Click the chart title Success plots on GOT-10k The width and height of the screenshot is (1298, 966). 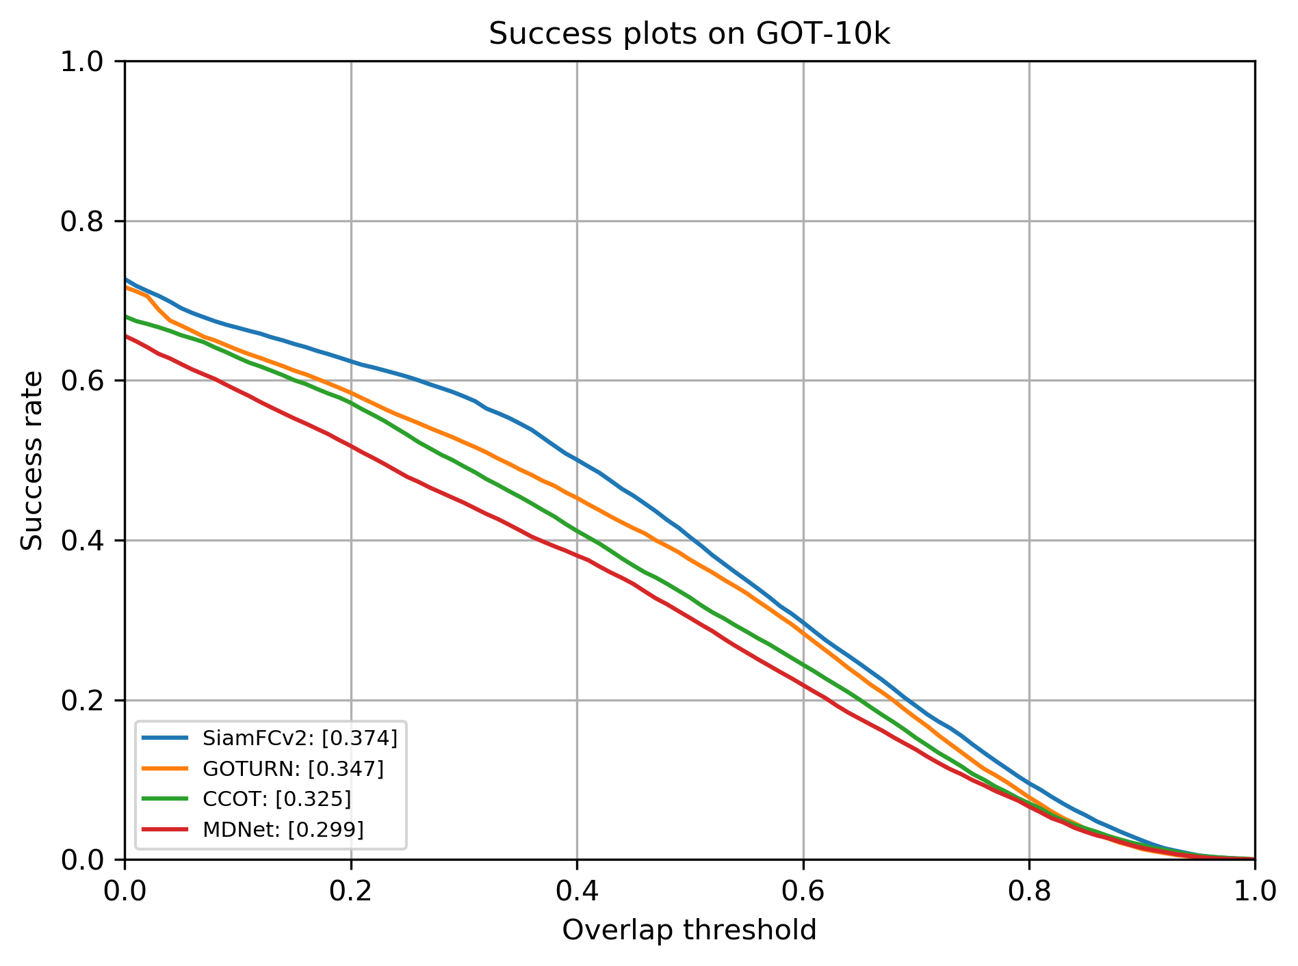tap(689, 34)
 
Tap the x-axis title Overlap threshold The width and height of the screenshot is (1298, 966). tap(689, 930)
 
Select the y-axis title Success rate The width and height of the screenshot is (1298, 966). tap(32, 460)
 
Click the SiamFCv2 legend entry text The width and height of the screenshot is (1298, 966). tap(300, 738)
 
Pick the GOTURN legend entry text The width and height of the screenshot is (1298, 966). tap(293, 769)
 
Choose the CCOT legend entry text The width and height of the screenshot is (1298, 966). tap(276, 799)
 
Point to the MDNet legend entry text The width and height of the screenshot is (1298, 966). tap(283, 829)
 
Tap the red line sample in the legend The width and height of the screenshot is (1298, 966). tap(164, 829)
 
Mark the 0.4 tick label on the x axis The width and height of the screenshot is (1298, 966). tap(577, 891)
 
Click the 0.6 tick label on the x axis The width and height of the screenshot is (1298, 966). tap(803, 891)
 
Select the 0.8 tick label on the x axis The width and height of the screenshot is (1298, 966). tap(1029, 891)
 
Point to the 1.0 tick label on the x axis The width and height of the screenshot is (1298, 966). tap(1254, 891)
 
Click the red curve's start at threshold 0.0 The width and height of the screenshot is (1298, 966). tap(125, 336)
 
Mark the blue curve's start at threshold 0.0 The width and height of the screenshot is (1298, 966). tap(125, 279)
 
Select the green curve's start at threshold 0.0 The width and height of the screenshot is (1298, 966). tap(125, 317)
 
